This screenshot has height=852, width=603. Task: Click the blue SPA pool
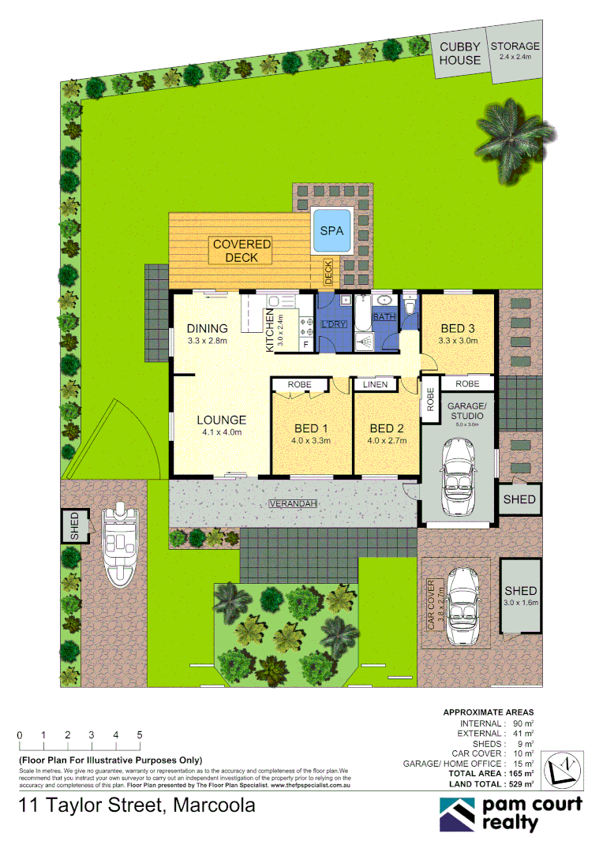tap(332, 232)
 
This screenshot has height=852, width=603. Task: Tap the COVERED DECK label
tap(242, 251)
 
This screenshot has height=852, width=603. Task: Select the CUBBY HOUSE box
tap(460, 54)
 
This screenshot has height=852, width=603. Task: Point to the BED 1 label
tap(309, 429)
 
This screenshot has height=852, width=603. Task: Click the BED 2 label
tap(387, 429)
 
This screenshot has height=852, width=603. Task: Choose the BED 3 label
tap(458, 329)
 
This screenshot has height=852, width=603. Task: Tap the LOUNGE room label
tap(221, 420)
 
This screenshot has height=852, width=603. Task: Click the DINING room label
tap(207, 328)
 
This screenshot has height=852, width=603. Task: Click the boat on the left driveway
tap(118, 544)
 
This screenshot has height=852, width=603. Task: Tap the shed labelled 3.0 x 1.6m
tap(521, 596)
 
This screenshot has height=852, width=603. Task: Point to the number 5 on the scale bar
tap(140, 735)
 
